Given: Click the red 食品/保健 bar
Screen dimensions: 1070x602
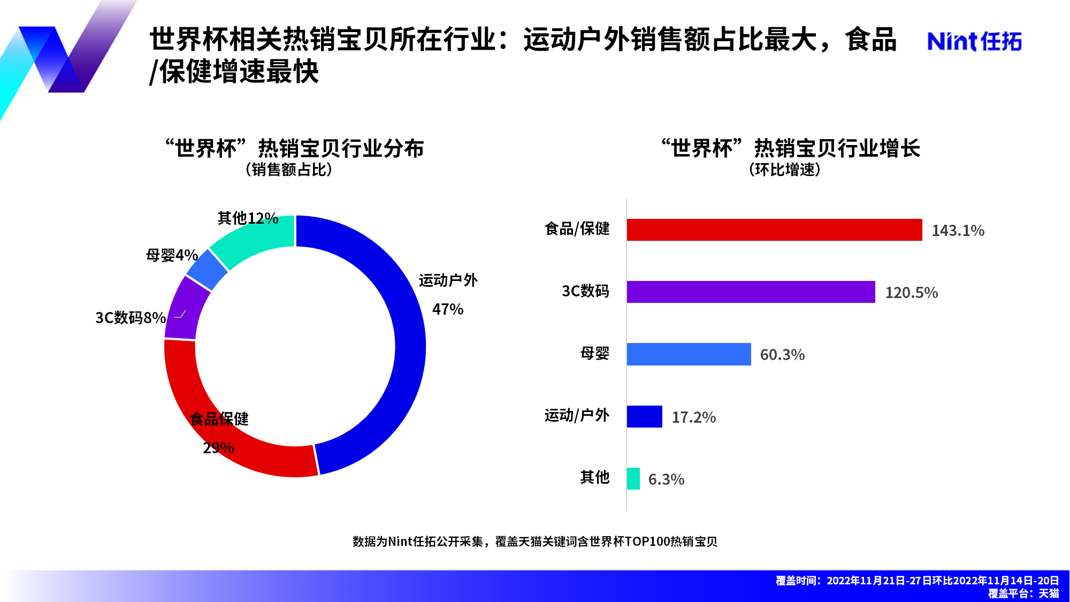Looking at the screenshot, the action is (774, 230).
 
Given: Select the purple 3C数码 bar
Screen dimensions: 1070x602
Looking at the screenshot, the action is (751, 292).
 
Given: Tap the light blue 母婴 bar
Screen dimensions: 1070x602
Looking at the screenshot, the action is (689, 354).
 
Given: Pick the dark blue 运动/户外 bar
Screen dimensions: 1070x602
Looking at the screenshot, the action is (644, 416).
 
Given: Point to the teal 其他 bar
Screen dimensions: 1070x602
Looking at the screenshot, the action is (633, 478).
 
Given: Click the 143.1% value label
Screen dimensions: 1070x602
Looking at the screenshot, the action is (958, 231).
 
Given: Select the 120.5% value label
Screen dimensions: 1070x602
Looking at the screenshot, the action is (911, 293).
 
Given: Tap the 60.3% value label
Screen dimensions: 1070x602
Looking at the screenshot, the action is (782, 355).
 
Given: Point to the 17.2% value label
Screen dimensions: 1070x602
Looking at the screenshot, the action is (693, 417).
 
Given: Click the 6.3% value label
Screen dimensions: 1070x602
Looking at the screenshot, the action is (666, 479).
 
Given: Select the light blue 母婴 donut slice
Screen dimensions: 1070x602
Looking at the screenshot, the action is (208, 270).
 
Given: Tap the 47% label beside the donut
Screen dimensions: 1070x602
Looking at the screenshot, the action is (448, 309).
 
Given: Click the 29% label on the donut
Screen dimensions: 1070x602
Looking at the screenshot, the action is (218, 448).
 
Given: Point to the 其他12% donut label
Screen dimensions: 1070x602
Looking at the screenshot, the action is (248, 218).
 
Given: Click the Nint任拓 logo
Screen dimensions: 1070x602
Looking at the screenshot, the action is (974, 41).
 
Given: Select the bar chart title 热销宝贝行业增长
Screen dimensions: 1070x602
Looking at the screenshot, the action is (837, 148).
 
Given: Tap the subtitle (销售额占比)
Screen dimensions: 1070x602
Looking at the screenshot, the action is (289, 170).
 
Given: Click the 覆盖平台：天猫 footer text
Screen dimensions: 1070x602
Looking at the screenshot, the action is (1023, 593).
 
